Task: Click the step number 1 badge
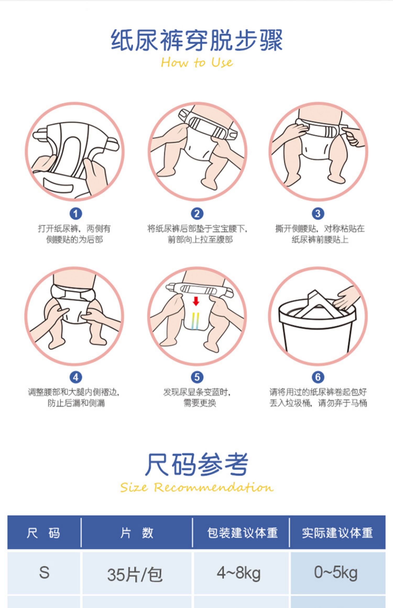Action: [76, 214]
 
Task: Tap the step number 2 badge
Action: [197, 214]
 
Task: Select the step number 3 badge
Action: [318, 214]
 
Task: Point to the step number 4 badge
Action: [76, 377]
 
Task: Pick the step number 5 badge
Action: [197, 377]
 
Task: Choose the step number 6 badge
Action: [318, 377]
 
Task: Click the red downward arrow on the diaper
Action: [196, 301]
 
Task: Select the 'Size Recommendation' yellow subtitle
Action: [197, 487]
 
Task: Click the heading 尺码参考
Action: [196, 464]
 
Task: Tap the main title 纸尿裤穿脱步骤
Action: [197, 40]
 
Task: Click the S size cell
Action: [44, 573]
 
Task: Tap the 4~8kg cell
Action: [239, 573]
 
